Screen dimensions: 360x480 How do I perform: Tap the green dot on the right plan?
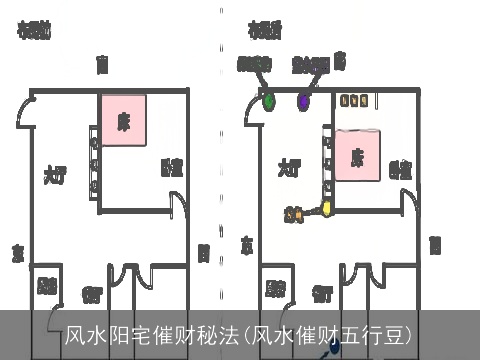pos(269,99)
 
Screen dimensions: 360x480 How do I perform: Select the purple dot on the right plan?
pos(303,99)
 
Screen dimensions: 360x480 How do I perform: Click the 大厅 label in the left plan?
pos(54,172)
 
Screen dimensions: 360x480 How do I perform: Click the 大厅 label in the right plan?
pos(289,167)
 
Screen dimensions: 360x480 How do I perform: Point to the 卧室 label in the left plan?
pos(171,167)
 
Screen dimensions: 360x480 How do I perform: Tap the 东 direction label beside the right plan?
pos(247,243)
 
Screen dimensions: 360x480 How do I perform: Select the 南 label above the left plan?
pos(101,65)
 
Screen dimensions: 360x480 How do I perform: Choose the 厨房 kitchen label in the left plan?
pos(46,287)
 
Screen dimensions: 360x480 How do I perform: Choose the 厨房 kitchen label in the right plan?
pos(276,289)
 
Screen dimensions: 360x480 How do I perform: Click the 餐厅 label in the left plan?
pos(92,294)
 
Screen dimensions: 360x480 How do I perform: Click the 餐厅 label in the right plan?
pos(322,294)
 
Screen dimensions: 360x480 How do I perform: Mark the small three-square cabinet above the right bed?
pos(354,100)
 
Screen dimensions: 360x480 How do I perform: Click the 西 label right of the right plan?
pos(435,243)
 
